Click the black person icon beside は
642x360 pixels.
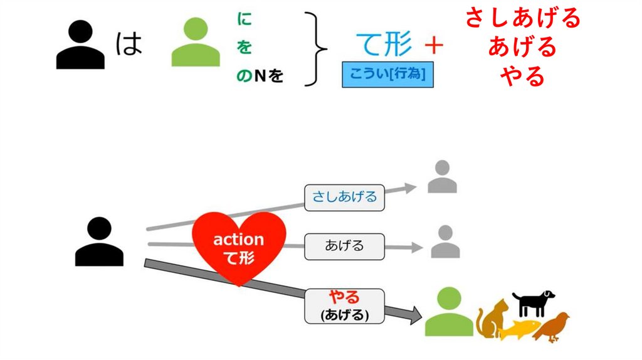coord(80,45)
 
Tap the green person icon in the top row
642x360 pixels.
coord(196,43)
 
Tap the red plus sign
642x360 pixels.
coord(433,45)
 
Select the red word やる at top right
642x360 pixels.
coord(522,76)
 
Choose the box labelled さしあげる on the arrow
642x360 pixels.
coord(344,197)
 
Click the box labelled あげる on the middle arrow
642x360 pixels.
coord(344,246)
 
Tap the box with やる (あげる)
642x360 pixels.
coord(344,305)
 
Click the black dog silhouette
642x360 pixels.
coord(533,303)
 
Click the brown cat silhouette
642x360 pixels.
coord(491,319)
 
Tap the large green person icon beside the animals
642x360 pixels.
coord(449,312)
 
